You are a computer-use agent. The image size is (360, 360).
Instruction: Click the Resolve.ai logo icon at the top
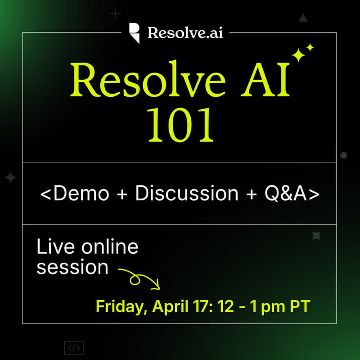134,33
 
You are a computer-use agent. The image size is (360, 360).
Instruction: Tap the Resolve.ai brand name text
184,33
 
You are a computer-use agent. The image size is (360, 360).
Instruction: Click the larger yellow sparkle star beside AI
298,55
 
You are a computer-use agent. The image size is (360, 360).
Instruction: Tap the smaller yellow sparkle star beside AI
310,47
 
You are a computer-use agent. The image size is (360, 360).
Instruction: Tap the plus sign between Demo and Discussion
122,193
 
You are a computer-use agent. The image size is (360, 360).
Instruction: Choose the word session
72,267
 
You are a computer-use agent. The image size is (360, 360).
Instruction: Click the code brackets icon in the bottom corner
74,348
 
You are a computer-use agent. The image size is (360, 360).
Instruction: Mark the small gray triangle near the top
303,18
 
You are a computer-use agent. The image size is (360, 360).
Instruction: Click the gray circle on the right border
344,155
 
